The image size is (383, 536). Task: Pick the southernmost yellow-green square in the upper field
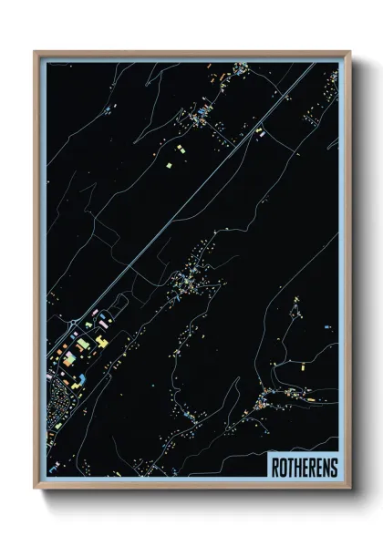click(168, 166)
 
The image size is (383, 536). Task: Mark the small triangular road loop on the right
click(295, 309)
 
